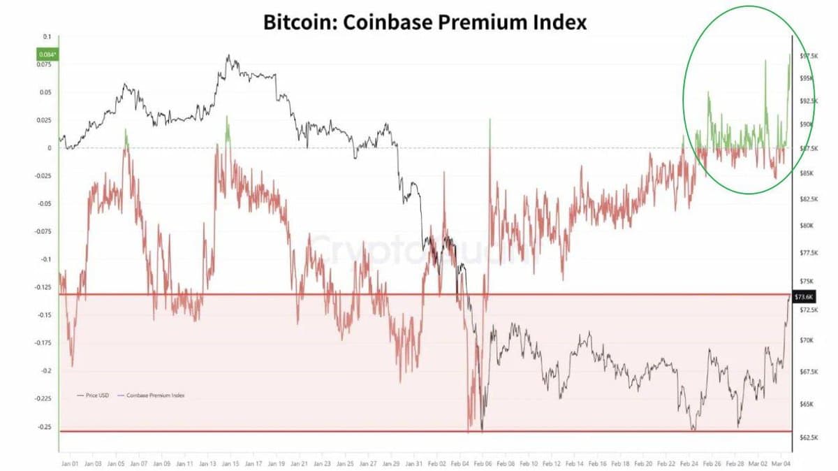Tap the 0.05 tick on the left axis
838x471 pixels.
click(x=46, y=92)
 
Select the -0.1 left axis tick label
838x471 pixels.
click(x=46, y=259)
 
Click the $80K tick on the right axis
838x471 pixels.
click(x=807, y=226)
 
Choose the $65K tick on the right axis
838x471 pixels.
click(x=807, y=404)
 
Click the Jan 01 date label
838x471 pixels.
click(x=70, y=463)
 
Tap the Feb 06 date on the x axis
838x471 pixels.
click(x=483, y=463)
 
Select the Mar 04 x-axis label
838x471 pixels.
click(x=781, y=463)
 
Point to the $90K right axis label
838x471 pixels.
click(x=807, y=124)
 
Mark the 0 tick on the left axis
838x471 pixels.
click(x=50, y=148)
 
